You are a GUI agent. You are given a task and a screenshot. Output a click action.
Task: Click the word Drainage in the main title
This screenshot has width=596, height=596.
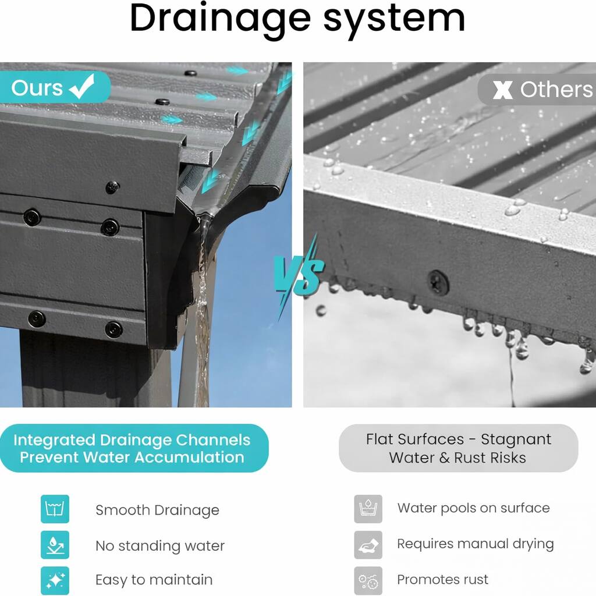click(x=221, y=19)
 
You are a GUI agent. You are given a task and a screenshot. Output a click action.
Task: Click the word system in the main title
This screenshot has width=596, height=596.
click(x=394, y=19)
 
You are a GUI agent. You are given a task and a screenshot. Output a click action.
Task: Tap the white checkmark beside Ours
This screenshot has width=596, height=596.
click(x=81, y=87)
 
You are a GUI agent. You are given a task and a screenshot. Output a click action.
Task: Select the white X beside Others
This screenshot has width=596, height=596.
click(x=502, y=90)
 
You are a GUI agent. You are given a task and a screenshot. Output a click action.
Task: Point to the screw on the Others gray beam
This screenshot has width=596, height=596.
click(x=438, y=282)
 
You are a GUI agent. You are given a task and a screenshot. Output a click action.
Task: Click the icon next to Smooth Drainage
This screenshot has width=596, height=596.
click(x=55, y=509)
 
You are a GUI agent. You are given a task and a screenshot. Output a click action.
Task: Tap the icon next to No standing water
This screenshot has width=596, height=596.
click(x=55, y=545)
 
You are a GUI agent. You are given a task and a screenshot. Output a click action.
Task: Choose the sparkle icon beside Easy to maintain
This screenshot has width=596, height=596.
click(x=55, y=580)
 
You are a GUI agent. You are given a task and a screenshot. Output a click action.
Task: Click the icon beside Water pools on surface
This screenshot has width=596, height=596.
click(x=368, y=509)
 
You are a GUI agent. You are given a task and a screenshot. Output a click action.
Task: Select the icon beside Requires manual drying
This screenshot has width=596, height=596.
click(x=368, y=545)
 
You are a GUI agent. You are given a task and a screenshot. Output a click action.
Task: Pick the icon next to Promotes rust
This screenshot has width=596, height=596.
click(x=368, y=580)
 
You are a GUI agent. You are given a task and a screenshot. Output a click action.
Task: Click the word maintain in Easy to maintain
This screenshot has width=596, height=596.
click(x=181, y=580)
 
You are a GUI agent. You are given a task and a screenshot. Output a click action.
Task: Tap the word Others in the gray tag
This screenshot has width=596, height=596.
click(x=556, y=90)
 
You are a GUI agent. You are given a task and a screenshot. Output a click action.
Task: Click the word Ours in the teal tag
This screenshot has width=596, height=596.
click(x=37, y=88)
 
